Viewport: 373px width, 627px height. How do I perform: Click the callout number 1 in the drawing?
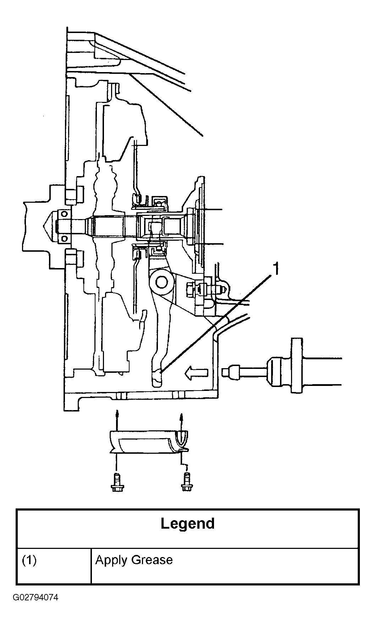[275, 269]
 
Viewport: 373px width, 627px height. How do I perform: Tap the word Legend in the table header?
[188, 524]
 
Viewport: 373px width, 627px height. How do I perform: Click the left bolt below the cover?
[116, 482]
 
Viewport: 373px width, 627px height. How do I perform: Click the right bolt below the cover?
[185, 482]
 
